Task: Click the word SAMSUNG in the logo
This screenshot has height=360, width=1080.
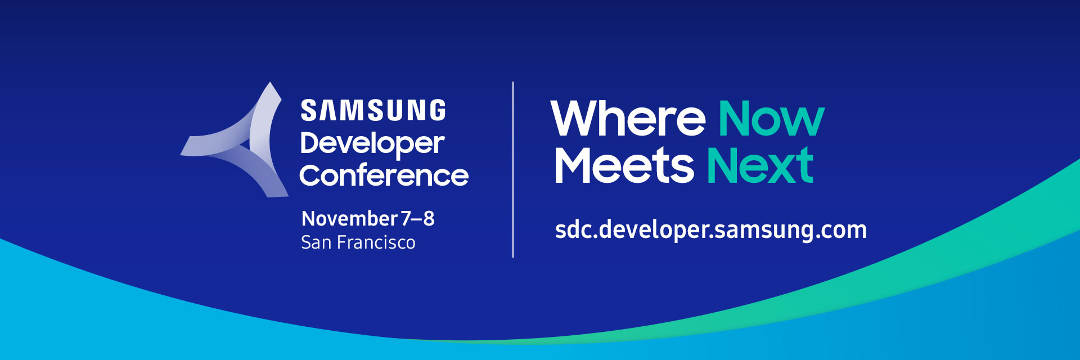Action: pyautogui.click(x=373, y=110)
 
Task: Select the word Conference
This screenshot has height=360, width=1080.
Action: pyautogui.click(x=384, y=175)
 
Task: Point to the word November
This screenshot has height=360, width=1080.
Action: pyautogui.click(x=350, y=218)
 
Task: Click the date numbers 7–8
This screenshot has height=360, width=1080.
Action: pyautogui.click(x=417, y=218)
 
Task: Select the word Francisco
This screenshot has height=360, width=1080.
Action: pyautogui.click(x=376, y=242)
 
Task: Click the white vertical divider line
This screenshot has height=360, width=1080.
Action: pyautogui.click(x=513, y=169)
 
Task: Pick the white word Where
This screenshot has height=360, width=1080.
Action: pyautogui.click(x=628, y=119)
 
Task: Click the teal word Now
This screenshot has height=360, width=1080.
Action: pyautogui.click(x=771, y=119)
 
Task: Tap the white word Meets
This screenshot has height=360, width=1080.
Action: pyautogui.click(x=624, y=165)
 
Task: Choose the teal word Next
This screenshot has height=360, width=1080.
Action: pyautogui.click(x=760, y=165)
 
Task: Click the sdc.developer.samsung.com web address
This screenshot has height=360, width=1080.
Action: pyautogui.click(x=711, y=230)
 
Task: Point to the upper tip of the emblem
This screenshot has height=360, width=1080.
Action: pyautogui.click(x=271, y=83)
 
